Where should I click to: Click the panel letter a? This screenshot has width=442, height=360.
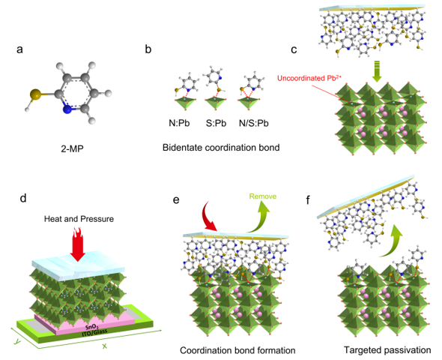(x=19, y=49)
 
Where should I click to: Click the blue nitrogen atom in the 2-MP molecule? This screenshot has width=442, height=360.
(x=67, y=109)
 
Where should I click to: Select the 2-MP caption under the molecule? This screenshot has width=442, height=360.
(x=72, y=148)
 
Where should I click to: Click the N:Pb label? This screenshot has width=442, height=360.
(x=179, y=123)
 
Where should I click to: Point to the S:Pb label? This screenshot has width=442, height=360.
(x=216, y=123)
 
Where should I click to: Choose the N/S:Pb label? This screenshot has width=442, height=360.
(x=254, y=123)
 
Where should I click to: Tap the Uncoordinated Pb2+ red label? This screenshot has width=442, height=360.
(x=309, y=78)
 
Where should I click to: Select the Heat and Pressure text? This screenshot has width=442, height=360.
(x=79, y=219)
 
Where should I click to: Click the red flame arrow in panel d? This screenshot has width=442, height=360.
(x=77, y=244)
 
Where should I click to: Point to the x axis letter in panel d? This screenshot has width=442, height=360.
(x=105, y=346)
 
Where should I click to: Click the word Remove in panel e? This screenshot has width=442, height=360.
(x=263, y=196)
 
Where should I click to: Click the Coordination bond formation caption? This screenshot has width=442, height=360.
(x=237, y=350)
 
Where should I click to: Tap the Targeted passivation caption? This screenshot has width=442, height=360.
(x=387, y=350)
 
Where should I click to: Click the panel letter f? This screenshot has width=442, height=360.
(x=308, y=200)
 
